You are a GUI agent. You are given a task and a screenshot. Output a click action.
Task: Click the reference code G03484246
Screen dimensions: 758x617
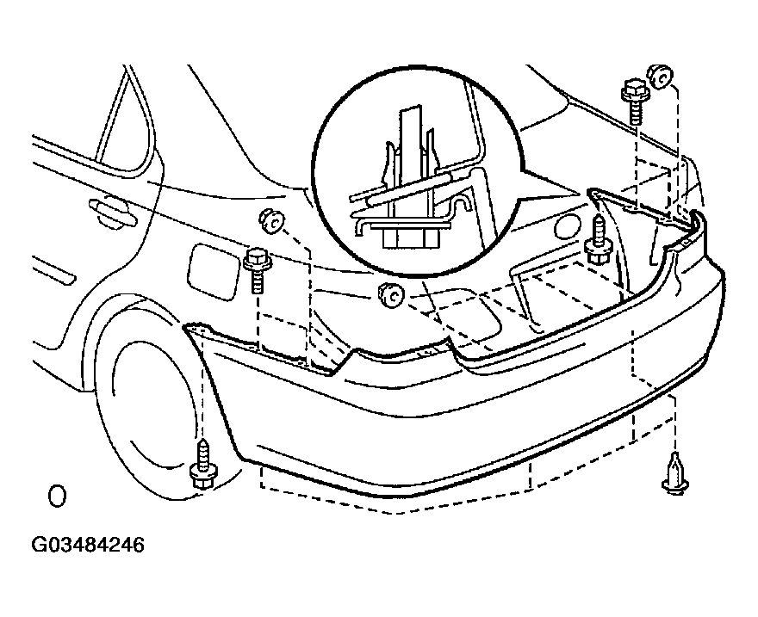(88, 545)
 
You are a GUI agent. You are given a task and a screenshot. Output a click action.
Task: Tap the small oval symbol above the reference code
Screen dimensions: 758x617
(57, 496)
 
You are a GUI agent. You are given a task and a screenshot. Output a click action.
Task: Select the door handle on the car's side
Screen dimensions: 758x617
(113, 213)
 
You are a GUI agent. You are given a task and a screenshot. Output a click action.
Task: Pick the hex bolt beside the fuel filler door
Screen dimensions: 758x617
(258, 270)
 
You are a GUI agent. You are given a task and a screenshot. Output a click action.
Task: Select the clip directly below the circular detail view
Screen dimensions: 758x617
(390, 295)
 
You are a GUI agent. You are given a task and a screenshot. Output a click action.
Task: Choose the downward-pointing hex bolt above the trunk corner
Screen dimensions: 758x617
(634, 102)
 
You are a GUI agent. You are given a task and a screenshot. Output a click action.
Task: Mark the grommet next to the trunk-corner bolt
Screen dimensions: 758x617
(659, 77)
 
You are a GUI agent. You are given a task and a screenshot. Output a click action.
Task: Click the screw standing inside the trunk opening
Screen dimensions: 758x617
(599, 240)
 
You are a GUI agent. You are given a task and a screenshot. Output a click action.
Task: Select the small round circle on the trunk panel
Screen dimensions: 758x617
(567, 226)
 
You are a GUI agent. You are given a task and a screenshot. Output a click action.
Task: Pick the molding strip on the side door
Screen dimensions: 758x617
(54, 269)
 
